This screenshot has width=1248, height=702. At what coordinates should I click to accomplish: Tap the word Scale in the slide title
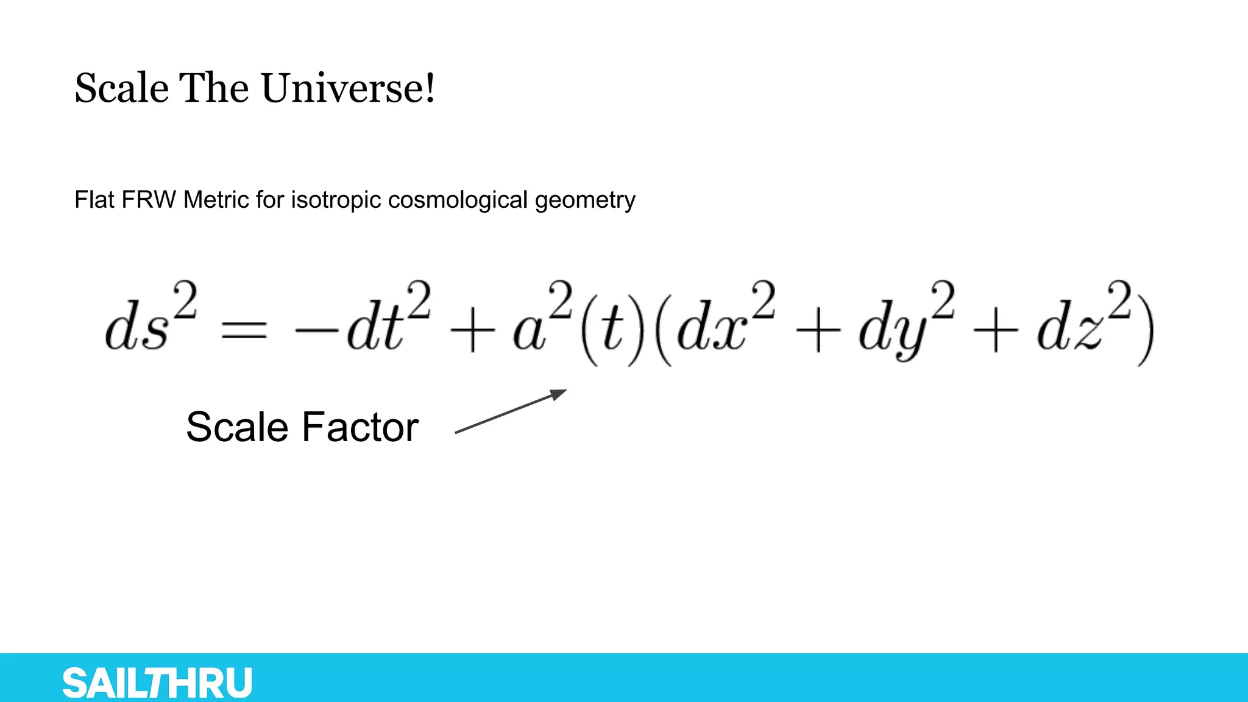tap(121, 88)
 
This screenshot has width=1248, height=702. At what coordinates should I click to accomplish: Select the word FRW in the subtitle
tap(149, 200)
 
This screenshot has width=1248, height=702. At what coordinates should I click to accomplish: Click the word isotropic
tap(336, 200)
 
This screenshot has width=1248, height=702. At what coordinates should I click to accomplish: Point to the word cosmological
tap(458, 200)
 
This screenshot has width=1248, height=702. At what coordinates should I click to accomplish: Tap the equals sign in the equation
tap(244, 331)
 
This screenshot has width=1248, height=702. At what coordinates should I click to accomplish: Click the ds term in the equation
tap(136, 329)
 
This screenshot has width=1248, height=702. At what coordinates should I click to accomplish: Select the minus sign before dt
tap(316, 331)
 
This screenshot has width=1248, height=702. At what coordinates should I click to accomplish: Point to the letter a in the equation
tap(529, 334)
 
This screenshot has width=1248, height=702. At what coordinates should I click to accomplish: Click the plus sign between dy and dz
tap(994, 332)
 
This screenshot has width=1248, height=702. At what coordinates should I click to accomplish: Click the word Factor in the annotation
tap(360, 427)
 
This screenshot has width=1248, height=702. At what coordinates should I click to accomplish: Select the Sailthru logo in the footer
tap(157, 682)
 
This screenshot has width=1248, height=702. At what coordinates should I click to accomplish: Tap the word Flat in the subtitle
tap(94, 200)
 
